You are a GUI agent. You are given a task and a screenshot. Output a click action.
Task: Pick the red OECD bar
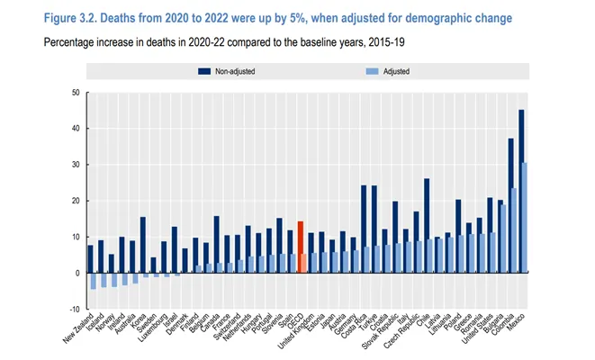pyautogui.click(x=300, y=247)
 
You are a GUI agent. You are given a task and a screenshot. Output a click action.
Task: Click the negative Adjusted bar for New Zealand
pyautogui.click(x=93, y=281)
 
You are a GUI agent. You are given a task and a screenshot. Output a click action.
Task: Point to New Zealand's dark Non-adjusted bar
pyautogui.click(x=89, y=258)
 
